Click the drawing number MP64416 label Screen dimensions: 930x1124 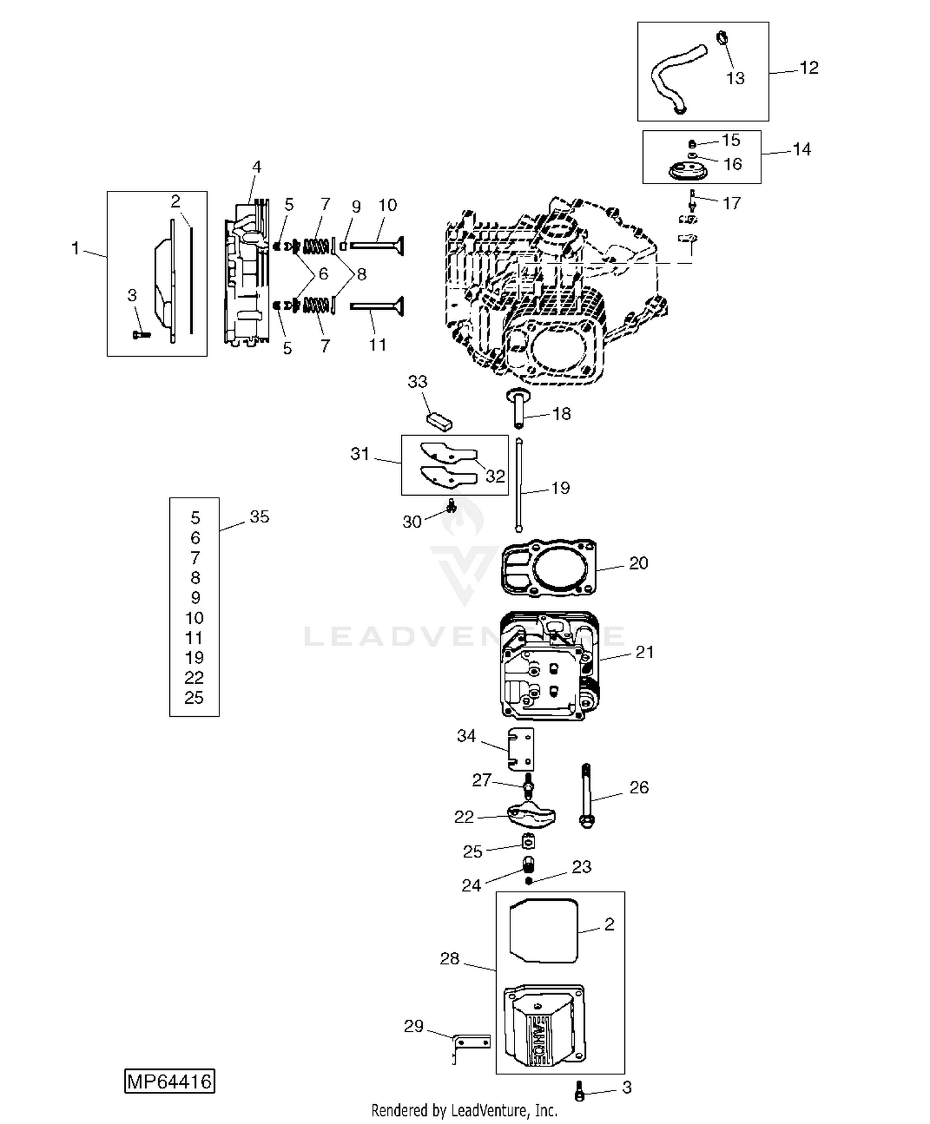[169, 1081]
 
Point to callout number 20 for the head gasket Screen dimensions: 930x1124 [639, 563]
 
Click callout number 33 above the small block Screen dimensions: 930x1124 [417, 382]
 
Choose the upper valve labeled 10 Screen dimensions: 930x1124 [377, 246]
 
